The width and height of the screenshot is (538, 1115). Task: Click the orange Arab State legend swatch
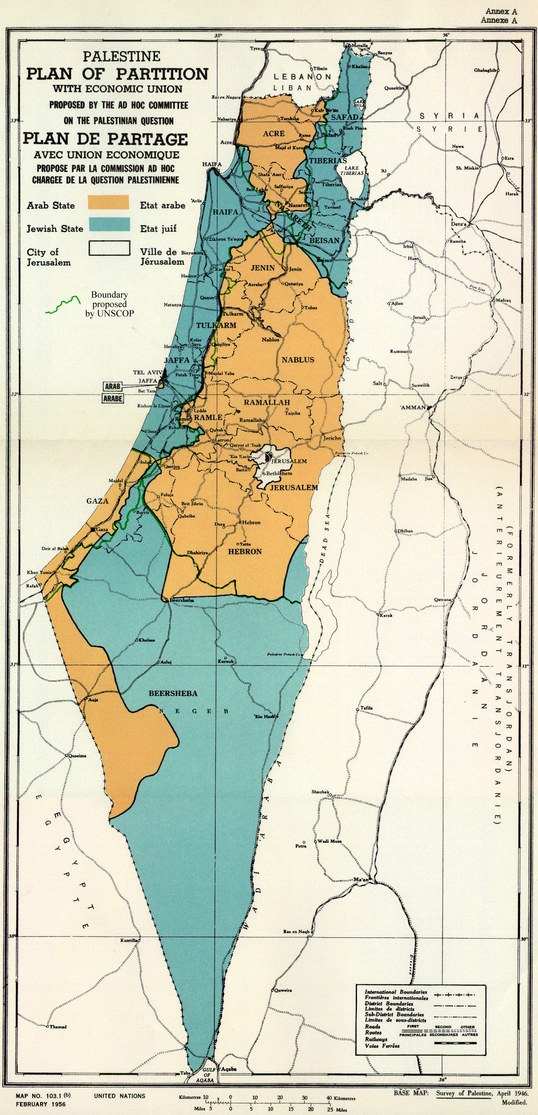click(108, 202)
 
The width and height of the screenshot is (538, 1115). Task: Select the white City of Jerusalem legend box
click(110, 248)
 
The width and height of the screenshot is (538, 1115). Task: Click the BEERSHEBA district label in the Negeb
click(173, 693)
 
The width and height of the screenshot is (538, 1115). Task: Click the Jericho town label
click(332, 438)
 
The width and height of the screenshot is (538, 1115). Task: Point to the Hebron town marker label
click(251, 523)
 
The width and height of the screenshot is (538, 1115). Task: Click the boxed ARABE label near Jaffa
click(113, 398)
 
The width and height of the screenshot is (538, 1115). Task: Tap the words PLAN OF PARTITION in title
click(117, 74)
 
